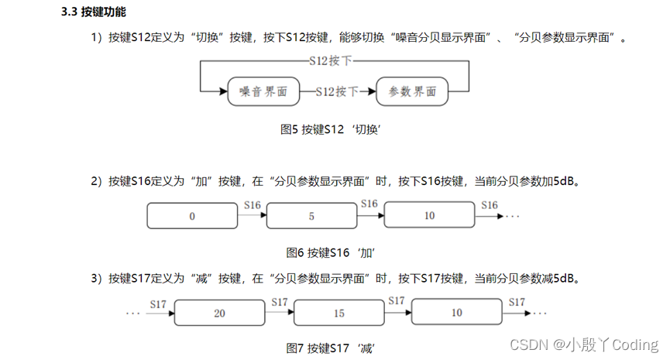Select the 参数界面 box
(x=411, y=91)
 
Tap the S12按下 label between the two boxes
(x=337, y=91)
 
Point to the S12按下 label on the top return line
(x=337, y=61)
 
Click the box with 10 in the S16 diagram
(x=430, y=216)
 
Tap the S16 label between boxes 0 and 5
(x=252, y=205)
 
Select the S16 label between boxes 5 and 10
(x=370, y=204)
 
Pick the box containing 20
(x=219, y=314)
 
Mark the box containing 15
(x=339, y=314)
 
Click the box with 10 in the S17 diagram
(x=457, y=313)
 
